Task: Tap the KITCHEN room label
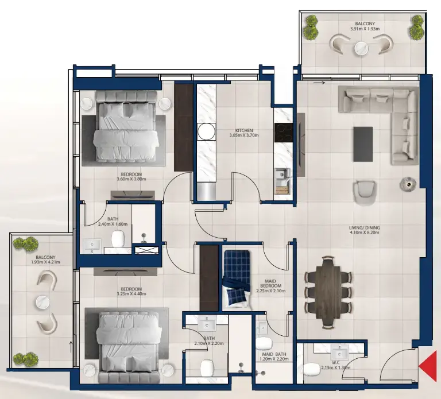point(243,130)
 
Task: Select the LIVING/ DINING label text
point(365,228)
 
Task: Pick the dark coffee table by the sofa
point(363,144)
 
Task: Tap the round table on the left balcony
point(42,302)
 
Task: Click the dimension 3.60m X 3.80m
point(131,179)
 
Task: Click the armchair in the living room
point(365,192)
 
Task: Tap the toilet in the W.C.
point(311,368)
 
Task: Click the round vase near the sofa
point(407,183)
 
